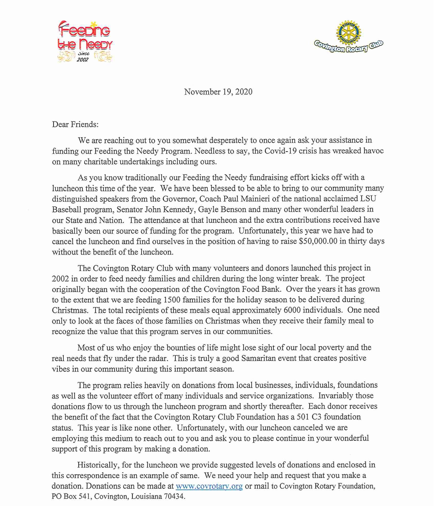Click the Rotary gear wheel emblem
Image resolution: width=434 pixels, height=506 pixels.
(x=348, y=32)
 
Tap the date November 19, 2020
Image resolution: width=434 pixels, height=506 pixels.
(x=218, y=92)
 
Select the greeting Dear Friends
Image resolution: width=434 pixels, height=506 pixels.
(x=75, y=124)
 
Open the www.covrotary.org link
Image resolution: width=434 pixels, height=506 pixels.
(x=209, y=486)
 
